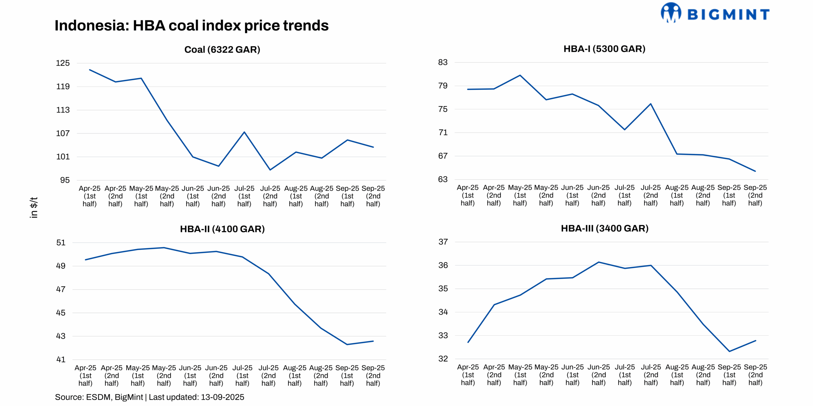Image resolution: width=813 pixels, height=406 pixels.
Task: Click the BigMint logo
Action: [715, 13]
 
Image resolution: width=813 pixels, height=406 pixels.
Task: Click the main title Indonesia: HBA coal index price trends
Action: [191, 25]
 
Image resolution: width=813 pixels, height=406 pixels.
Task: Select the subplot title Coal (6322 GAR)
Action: [222, 49]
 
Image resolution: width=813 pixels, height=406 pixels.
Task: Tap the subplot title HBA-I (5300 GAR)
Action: [604, 49]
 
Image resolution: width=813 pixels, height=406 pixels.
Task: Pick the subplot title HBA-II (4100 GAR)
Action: [222, 229]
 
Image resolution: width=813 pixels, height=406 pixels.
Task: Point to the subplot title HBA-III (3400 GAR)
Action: [604, 228]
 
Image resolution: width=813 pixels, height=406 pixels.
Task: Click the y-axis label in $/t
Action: [33, 207]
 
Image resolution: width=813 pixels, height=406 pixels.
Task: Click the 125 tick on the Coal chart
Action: [63, 63]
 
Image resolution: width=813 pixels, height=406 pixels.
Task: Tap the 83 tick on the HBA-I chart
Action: [442, 62]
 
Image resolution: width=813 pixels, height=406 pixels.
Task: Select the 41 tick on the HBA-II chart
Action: [61, 359]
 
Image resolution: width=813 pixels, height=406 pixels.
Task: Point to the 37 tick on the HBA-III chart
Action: [443, 242]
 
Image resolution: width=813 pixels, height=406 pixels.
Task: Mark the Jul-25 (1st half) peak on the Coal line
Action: [244, 132]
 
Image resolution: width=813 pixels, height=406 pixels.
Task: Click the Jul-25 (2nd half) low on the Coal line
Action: [270, 170]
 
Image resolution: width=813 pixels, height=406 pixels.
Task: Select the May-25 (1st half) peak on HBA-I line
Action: [520, 75]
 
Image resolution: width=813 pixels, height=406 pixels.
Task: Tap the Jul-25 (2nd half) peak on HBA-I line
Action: [651, 104]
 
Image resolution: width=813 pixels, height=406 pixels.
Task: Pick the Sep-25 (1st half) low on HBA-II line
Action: [347, 344]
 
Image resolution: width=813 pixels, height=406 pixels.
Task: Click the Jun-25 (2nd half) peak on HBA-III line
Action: [598, 262]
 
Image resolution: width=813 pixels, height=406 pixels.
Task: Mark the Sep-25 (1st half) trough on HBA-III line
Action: [729, 351]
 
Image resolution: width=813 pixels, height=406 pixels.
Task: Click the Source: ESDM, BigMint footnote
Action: [149, 397]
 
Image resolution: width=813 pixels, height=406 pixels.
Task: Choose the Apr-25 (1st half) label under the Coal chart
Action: [89, 196]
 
